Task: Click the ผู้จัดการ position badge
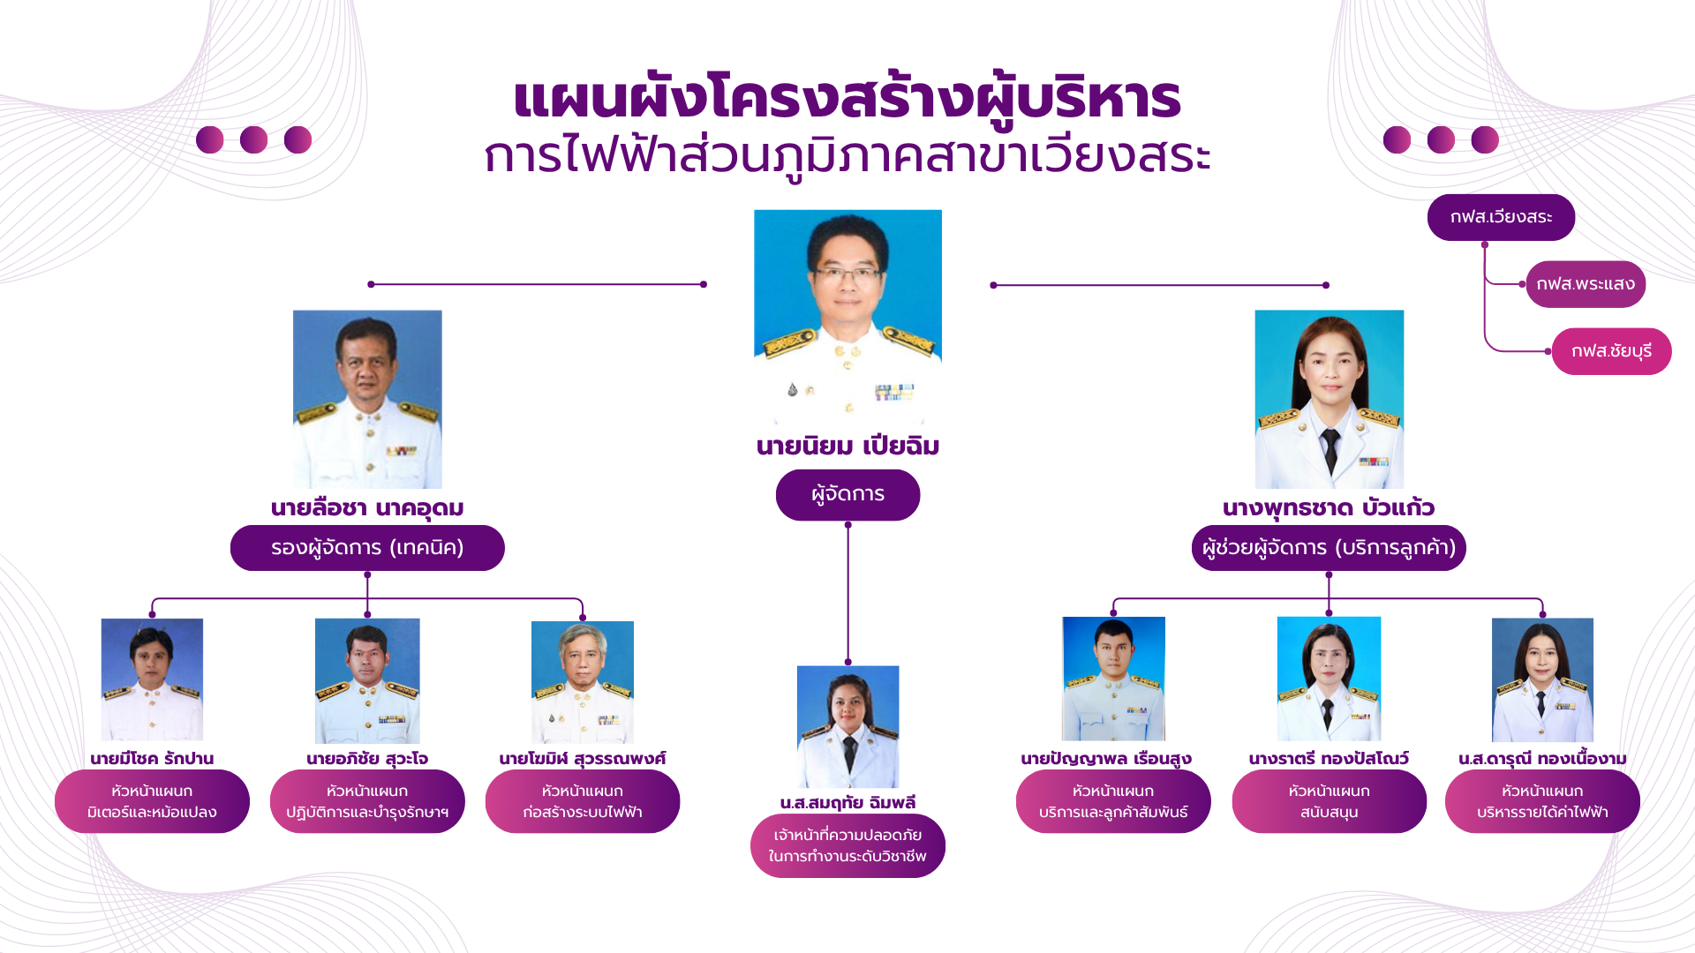(847, 495)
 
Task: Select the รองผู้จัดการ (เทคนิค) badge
(367, 548)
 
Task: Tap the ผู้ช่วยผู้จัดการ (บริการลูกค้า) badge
(1329, 548)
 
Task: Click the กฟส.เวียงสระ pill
(1501, 217)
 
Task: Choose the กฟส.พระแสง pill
(1586, 284)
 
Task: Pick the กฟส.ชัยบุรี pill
(1611, 351)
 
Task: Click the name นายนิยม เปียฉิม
(847, 446)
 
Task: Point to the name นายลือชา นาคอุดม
(367, 508)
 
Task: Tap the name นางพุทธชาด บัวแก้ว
(1329, 508)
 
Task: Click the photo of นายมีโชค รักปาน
(152, 679)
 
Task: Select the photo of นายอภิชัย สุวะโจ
(367, 680)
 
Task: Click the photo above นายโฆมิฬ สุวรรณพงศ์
(583, 682)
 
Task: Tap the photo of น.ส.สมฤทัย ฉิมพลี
(847, 726)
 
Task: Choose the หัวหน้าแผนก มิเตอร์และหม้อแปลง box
(152, 801)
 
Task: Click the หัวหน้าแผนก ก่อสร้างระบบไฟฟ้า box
(583, 801)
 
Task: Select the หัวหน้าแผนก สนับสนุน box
(1329, 801)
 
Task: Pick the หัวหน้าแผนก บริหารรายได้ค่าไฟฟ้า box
(1542, 801)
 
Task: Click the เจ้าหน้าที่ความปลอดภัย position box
(847, 845)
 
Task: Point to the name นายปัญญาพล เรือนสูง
(1106, 759)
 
